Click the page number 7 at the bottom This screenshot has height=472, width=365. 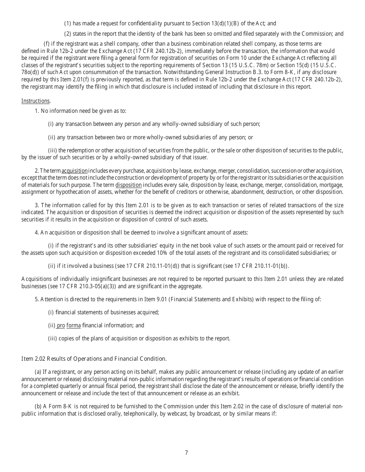[186, 452]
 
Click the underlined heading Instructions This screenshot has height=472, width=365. [35, 101]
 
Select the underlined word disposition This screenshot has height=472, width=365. [128, 185]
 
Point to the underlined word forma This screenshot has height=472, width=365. [73, 325]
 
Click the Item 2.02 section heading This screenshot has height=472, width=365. [94, 359]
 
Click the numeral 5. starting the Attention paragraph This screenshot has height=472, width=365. [37, 299]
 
